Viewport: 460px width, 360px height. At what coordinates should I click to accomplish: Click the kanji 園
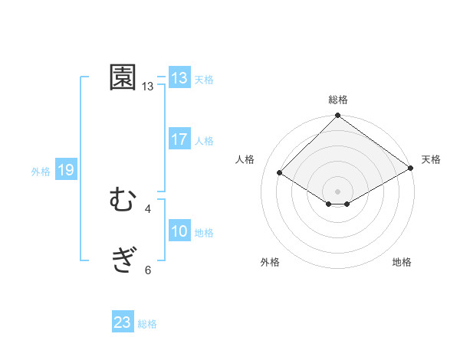tap(123, 78)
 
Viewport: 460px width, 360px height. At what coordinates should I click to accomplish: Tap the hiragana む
tap(123, 201)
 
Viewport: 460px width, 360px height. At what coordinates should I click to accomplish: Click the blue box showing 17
tap(179, 139)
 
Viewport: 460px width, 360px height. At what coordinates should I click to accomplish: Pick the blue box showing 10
tap(179, 232)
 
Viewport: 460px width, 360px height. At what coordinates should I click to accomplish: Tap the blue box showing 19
tap(66, 171)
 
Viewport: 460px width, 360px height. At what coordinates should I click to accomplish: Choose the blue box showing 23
tap(123, 322)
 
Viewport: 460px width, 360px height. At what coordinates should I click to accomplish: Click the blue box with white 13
tap(179, 78)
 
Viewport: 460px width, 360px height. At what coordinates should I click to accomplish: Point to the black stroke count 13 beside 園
tap(148, 87)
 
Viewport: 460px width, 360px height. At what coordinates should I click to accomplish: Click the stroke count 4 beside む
tap(148, 208)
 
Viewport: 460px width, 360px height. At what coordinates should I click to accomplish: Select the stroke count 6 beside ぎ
tap(148, 270)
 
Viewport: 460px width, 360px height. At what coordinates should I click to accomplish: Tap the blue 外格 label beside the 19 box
tap(41, 172)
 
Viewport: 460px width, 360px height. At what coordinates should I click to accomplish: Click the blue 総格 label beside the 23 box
tap(147, 324)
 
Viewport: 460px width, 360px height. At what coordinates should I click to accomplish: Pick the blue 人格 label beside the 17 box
tap(204, 141)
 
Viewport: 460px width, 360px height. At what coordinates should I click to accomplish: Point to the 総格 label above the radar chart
tap(338, 100)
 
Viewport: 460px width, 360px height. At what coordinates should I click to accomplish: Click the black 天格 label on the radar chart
tap(431, 159)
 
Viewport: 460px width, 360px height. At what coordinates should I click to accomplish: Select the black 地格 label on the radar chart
tap(402, 262)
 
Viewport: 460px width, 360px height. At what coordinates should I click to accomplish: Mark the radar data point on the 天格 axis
tap(411, 169)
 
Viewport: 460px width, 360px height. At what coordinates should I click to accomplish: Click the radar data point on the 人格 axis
tap(280, 173)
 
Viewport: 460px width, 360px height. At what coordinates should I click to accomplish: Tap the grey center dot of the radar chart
tap(338, 191)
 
